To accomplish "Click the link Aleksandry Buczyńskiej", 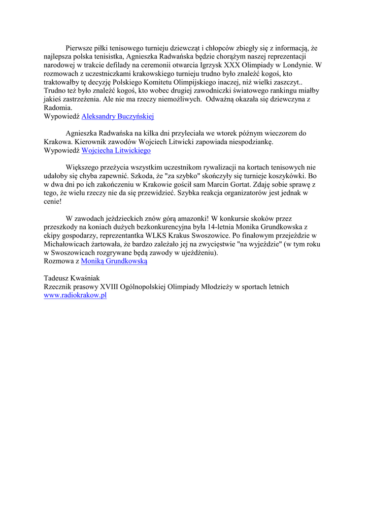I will point(118,116).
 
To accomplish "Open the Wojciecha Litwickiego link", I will point(116,151).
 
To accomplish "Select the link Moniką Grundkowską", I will point(114,261).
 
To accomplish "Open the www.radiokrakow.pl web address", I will point(75,296).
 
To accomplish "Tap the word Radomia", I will point(58,108).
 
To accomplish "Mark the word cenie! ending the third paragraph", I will point(53,201).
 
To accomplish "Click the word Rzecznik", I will point(59,287).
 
